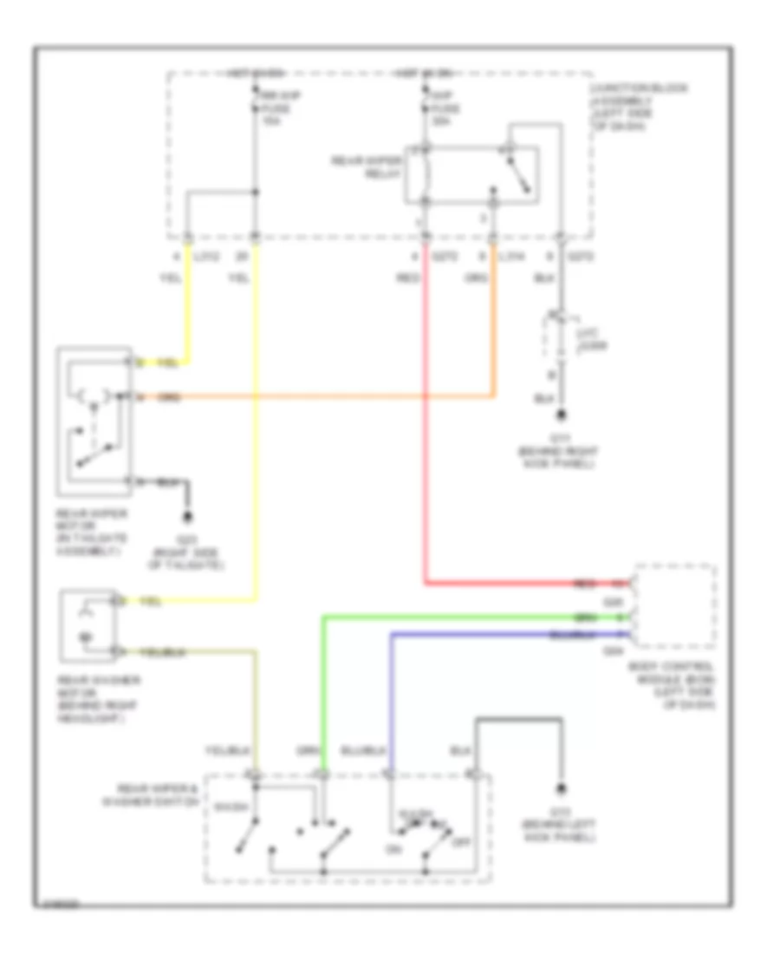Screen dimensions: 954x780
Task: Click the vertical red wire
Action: [426, 434]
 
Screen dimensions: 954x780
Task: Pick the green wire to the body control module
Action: [468, 617]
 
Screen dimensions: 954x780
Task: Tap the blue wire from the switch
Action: [503, 635]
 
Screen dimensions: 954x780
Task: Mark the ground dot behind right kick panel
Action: [561, 416]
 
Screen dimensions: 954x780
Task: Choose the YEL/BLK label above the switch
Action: [221, 750]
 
